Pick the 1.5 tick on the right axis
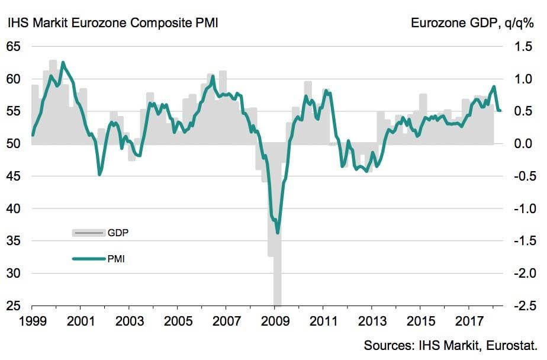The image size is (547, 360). pyautogui.click(x=525, y=46)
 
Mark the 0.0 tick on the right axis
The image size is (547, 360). pyautogui.click(x=525, y=144)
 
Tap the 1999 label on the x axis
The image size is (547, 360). pyautogui.click(x=32, y=322)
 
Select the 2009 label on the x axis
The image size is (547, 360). pyautogui.click(x=275, y=322)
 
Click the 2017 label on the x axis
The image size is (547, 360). pyautogui.click(x=469, y=322)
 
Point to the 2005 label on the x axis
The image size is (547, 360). pyautogui.click(x=178, y=322)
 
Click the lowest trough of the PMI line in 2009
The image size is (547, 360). pyautogui.click(x=278, y=233)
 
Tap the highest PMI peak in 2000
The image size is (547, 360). pyautogui.click(x=63, y=62)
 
